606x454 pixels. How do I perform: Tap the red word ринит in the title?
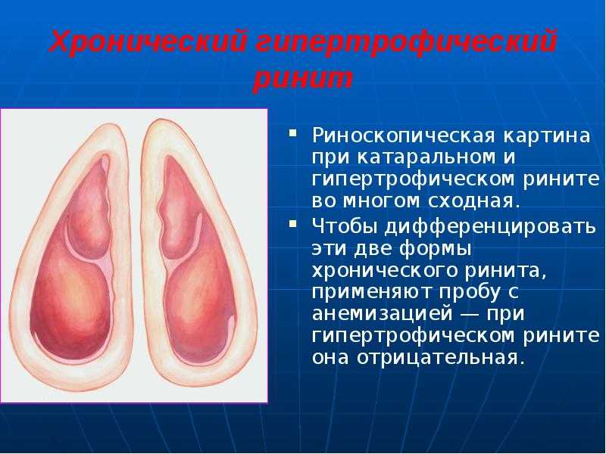pos(303,80)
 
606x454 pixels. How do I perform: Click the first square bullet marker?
pos(293,134)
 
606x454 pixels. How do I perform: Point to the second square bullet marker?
pos(293,223)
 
